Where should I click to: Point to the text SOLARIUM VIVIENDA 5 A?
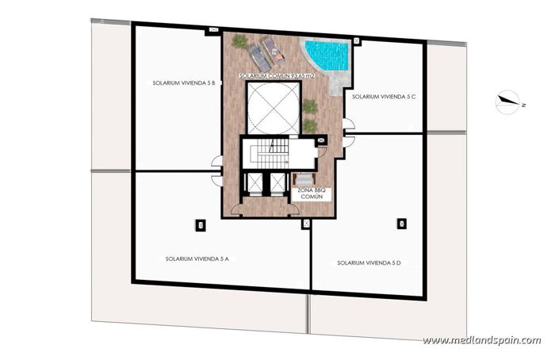197,258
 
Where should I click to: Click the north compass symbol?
507,101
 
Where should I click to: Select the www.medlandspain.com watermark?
481,340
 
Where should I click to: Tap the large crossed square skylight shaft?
273,107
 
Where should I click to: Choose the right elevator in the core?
278,182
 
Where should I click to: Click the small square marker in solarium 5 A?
200,225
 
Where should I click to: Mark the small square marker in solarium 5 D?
401,224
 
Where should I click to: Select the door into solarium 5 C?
348,125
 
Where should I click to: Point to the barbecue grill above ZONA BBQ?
302,179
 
